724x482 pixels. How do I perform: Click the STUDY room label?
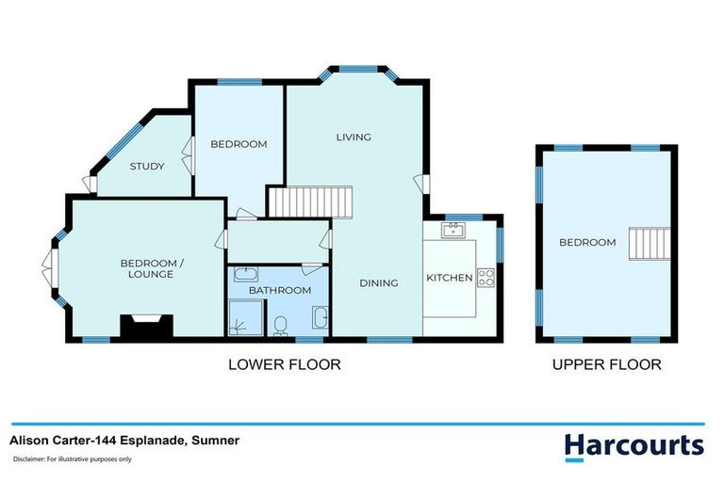(x=146, y=167)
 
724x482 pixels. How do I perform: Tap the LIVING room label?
(x=354, y=137)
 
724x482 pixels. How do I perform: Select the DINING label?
(x=378, y=283)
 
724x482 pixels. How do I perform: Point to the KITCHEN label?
(x=449, y=279)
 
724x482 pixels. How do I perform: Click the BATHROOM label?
(x=279, y=291)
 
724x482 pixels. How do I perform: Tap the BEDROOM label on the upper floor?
(x=586, y=243)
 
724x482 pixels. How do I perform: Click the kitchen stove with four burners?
(x=486, y=277)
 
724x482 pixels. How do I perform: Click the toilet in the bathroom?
(x=280, y=326)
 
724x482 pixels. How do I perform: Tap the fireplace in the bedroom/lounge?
(x=146, y=327)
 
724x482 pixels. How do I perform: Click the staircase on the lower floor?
(x=310, y=201)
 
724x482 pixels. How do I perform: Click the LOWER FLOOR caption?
(x=284, y=364)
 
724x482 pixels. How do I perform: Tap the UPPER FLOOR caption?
(x=607, y=364)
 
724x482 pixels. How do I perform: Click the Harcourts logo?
(x=633, y=445)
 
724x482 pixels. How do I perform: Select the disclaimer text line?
(x=72, y=459)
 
